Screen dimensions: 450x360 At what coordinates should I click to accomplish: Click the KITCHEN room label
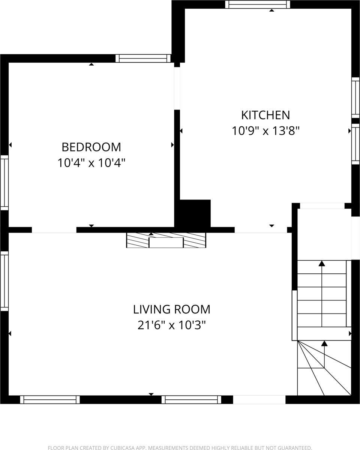265,115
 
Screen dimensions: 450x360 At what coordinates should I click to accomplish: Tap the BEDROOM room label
91,147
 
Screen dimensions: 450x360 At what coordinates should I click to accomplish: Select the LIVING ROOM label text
172,309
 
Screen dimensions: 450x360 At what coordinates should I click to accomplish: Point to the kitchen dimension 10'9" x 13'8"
265,131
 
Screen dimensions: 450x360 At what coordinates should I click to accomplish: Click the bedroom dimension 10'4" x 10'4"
91,163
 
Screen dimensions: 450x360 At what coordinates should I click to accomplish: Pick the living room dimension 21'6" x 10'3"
172,325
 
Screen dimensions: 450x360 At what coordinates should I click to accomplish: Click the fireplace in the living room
166,240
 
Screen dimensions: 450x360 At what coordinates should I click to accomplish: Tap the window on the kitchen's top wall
258,4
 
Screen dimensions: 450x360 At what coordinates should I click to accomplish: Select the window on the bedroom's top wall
143,58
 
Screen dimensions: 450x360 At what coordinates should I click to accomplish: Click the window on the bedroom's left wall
4,183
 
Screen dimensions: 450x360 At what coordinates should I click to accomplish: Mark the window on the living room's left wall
4,281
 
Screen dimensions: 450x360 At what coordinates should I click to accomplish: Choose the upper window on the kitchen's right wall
355,97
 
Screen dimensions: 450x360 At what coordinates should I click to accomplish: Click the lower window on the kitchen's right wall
355,144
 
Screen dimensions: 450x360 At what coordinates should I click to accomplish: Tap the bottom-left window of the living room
50,400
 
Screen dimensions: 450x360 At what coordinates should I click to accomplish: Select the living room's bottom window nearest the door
191,400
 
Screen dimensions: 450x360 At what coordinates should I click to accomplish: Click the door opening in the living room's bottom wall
259,400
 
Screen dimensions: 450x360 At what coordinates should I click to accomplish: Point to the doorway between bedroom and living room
54,230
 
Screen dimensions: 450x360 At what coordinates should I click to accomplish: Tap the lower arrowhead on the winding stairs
324,343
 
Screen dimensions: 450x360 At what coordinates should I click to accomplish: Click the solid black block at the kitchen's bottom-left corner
195,213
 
